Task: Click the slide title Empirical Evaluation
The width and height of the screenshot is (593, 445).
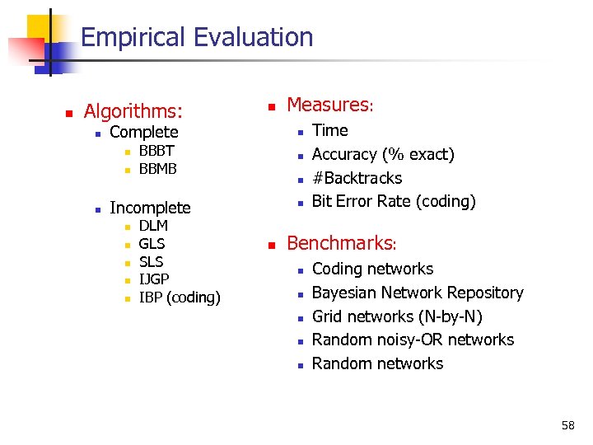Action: pos(197,37)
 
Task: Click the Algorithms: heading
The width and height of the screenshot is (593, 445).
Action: pos(133,110)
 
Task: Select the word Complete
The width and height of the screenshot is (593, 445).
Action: pos(143,132)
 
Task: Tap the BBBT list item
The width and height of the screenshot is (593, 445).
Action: pos(156,151)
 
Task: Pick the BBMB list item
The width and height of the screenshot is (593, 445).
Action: pos(158,169)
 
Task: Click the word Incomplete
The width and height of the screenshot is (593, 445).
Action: pos(150,208)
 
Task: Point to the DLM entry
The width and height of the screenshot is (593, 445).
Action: pos(153,226)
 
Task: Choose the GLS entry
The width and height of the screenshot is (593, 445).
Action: pos(152,244)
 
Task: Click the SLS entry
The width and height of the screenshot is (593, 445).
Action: pos(151,261)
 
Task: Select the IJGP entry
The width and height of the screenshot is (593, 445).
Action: pos(154,279)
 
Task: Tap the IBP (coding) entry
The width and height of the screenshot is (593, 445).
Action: pos(180,297)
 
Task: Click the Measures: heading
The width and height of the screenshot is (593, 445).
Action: pos(330,105)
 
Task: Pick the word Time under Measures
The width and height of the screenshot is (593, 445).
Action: pos(330,130)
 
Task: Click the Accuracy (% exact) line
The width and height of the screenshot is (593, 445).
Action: pos(383,154)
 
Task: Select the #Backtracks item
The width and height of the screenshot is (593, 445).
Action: pos(357,178)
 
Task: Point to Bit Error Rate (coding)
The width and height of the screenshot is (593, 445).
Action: pos(394,201)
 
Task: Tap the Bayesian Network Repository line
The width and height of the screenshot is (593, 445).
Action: pos(418,293)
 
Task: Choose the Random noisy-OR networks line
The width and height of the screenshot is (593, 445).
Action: pos(413,340)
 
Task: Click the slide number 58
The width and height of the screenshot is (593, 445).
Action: pos(567,425)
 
